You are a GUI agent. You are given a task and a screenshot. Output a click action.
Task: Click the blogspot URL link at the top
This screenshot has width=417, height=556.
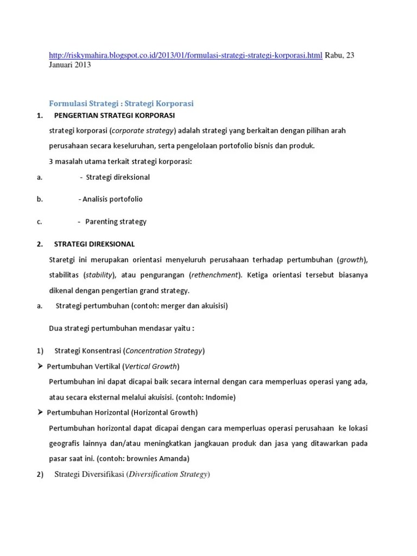tap(185, 56)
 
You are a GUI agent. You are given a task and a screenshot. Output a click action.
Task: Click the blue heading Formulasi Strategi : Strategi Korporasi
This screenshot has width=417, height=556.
tap(121, 103)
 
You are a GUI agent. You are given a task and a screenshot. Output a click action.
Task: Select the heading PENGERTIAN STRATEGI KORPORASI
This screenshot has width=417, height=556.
tap(115, 116)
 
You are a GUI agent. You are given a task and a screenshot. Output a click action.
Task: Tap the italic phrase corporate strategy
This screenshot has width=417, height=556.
tap(143, 131)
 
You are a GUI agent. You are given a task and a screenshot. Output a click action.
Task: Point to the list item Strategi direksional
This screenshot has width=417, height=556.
tap(118, 177)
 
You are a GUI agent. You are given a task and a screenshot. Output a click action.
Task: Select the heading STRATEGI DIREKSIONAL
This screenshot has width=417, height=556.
tap(94, 244)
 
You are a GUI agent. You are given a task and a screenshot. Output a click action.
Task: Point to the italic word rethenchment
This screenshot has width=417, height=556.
tap(215, 275)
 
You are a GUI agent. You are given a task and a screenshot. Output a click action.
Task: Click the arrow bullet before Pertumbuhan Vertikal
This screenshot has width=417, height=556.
tap(40, 365)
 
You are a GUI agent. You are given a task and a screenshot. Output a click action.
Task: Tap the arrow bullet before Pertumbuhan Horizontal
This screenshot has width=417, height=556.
tap(40, 412)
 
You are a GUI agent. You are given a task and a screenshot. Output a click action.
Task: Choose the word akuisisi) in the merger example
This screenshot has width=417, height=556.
tap(213, 306)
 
